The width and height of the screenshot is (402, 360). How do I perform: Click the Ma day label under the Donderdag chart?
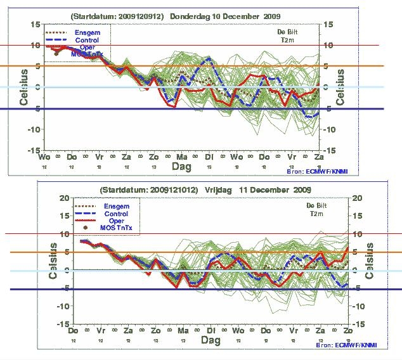[181, 156]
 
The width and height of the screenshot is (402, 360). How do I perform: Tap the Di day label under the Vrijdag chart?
[210, 331]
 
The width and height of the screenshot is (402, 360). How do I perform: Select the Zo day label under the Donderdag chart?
[153, 156]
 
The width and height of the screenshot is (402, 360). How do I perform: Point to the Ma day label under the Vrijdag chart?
[183, 331]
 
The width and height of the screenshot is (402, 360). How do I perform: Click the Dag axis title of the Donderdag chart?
[181, 166]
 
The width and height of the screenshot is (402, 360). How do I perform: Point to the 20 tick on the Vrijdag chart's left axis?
[63, 198]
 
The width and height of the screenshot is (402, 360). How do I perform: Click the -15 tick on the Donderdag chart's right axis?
[330, 151]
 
